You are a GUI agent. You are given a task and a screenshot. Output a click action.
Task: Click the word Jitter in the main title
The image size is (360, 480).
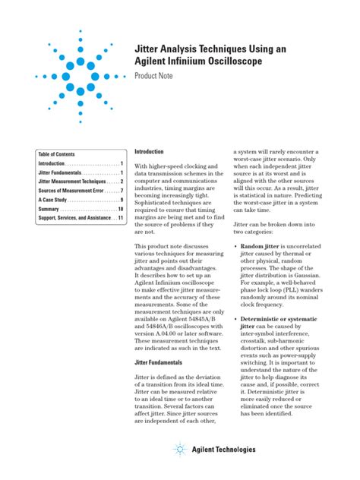(x=149, y=49)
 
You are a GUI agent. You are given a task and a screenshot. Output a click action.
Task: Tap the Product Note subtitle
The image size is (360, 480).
(x=156, y=77)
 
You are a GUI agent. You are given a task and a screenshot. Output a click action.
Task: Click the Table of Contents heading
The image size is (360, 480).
(x=57, y=153)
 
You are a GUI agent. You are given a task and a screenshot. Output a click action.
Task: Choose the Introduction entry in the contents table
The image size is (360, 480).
(x=52, y=163)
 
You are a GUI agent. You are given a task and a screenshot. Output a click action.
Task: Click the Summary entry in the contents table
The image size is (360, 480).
(x=49, y=209)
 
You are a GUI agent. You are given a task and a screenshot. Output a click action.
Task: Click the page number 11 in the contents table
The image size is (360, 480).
(x=120, y=218)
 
